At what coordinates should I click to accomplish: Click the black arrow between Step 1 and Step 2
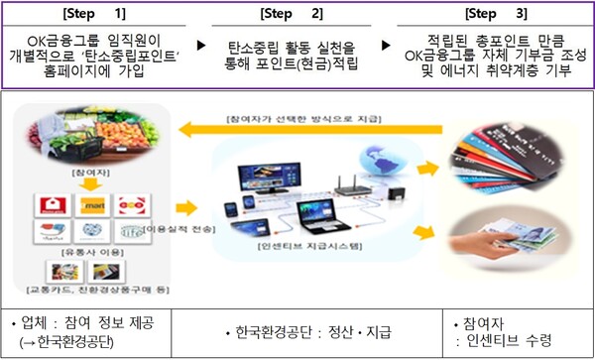tap(201, 46)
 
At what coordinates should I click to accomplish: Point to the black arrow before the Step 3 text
tap(390, 46)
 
